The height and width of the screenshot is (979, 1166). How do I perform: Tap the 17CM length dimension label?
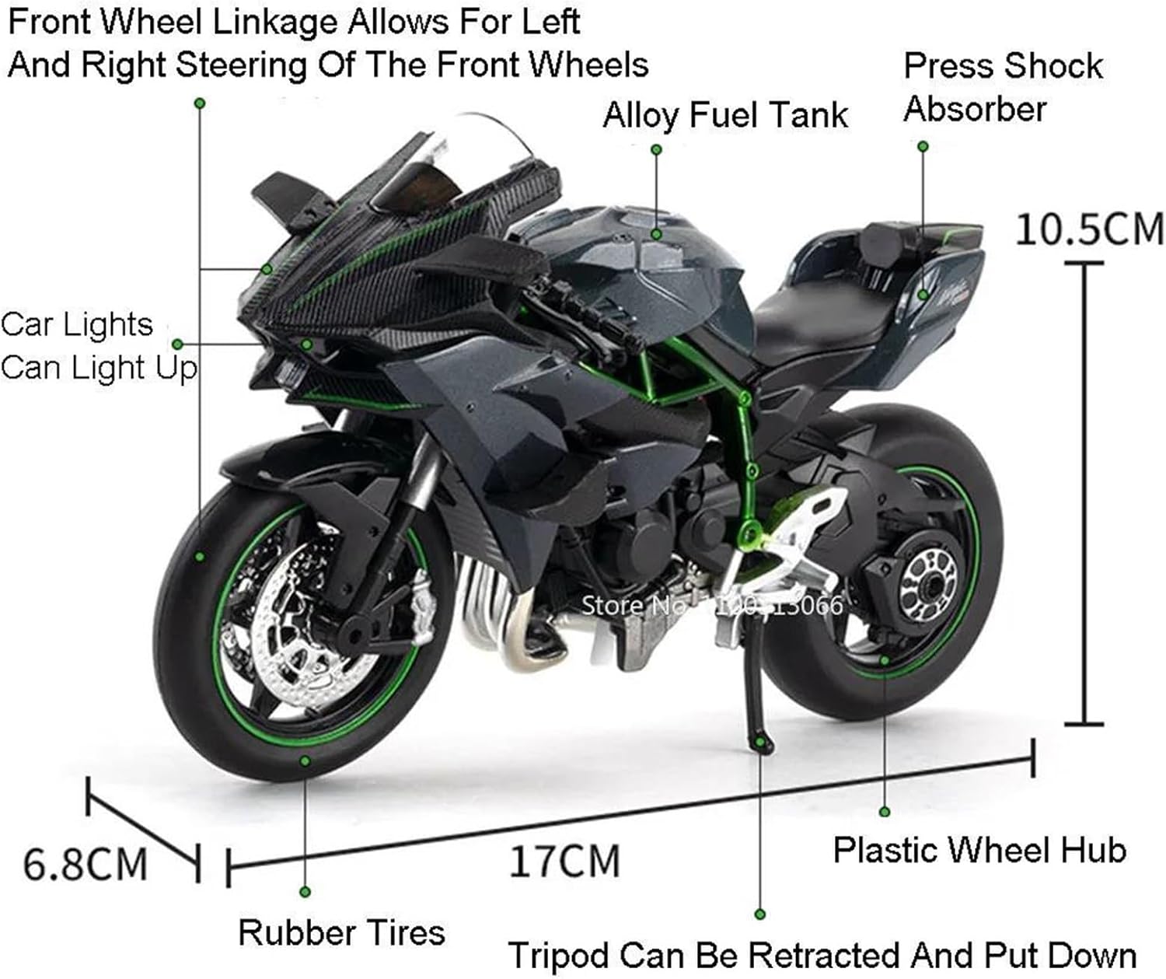(x=564, y=862)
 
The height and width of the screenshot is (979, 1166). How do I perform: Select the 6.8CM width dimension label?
(x=86, y=864)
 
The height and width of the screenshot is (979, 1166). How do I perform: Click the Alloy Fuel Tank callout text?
(x=724, y=115)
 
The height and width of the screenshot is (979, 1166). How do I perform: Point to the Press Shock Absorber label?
(x=1002, y=87)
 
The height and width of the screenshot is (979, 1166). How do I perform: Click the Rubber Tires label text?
(x=341, y=932)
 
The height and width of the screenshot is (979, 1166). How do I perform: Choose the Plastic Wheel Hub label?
(x=979, y=850)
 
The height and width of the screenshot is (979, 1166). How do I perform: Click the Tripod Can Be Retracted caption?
(x=822, y=955)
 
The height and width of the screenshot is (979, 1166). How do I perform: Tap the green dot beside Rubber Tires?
(x=305, y=891)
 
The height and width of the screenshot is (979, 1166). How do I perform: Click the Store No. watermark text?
(x=711, y=604)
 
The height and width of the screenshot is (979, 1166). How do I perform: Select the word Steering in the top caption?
(x=227, y=64)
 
